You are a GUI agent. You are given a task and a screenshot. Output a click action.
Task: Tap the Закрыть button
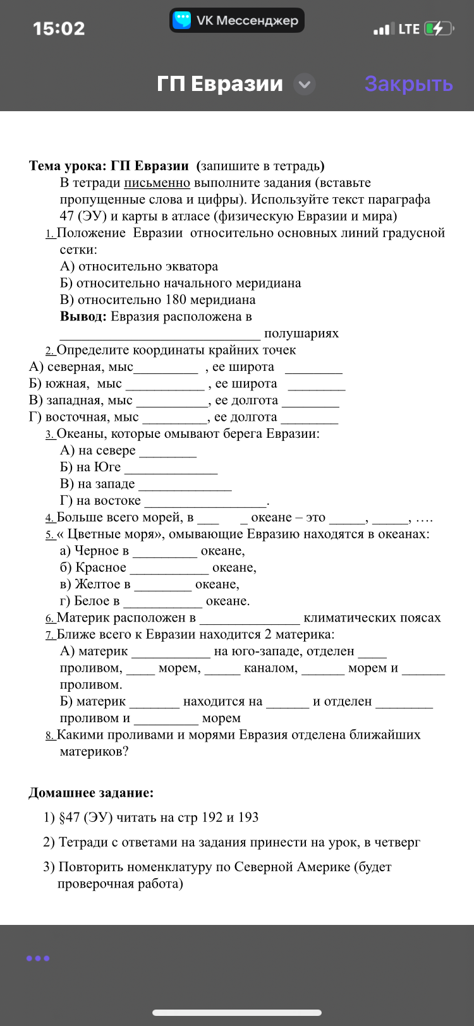(x=408, y=84)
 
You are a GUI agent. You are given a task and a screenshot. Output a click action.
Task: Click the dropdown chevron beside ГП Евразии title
(x=305, y=84)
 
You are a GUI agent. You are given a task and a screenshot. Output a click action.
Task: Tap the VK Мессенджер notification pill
(x=237, y=20)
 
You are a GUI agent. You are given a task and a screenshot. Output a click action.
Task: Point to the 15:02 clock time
(x=59, y=28)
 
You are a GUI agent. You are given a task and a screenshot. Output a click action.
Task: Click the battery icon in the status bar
(x=439, y=28)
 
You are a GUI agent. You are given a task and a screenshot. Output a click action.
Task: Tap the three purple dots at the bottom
(x=38, y=958)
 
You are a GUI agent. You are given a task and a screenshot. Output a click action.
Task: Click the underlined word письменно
(x=157, y=183)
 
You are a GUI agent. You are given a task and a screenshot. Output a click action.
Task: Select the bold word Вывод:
(x=83, y=317)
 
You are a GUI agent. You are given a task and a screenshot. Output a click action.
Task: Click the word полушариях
(x=301, y=334)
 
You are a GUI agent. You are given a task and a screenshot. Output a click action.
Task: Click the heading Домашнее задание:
(x=91, y=793)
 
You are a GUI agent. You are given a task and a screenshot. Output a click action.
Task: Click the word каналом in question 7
(x=270, y=668)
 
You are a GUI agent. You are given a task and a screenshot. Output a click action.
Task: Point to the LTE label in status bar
(x=409, y=28)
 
